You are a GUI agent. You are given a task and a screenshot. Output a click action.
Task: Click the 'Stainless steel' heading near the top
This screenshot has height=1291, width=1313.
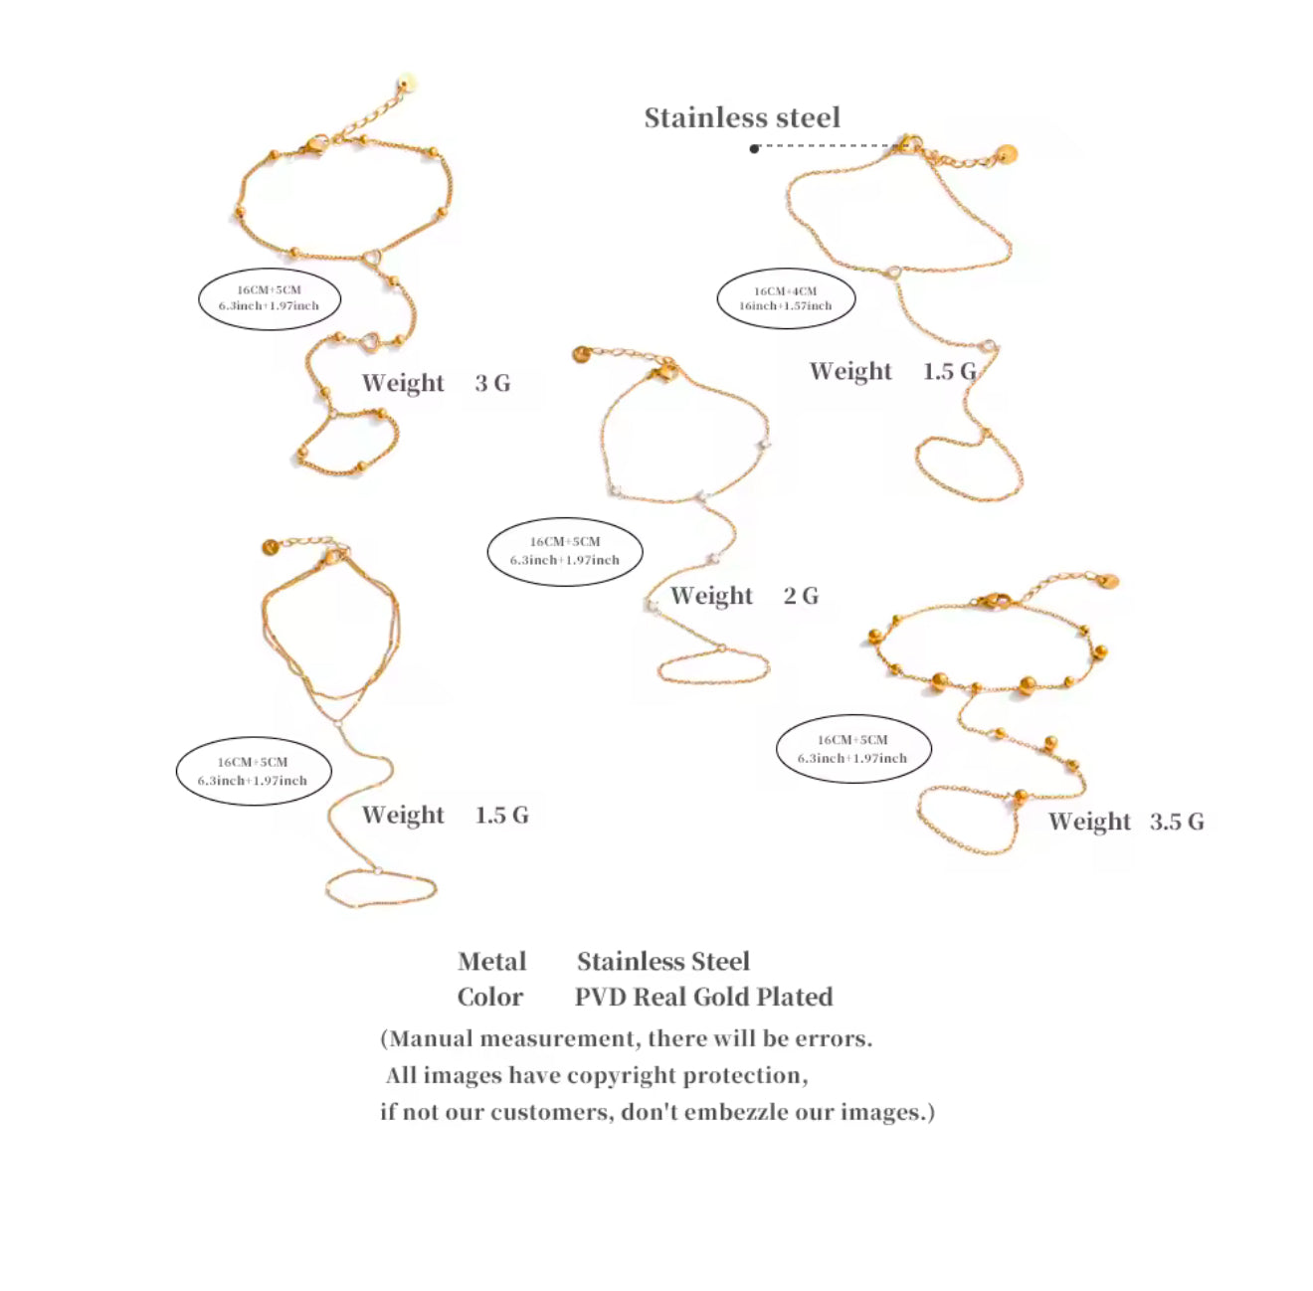742,118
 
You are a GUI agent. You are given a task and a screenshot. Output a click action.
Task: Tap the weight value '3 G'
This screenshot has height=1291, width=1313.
492,383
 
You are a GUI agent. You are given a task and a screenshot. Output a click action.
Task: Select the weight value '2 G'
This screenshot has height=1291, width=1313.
801,596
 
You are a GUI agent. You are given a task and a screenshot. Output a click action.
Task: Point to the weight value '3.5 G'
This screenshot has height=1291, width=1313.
1177,822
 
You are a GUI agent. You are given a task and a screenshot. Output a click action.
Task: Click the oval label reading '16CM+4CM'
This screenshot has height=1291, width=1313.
786,298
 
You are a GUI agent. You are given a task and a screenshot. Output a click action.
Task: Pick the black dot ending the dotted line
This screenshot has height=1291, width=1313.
754,148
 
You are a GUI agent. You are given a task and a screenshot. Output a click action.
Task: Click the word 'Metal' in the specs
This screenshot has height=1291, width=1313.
492,962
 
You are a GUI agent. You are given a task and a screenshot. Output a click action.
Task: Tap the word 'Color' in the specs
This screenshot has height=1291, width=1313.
490,998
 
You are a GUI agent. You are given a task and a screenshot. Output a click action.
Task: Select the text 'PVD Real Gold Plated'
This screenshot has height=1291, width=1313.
704,998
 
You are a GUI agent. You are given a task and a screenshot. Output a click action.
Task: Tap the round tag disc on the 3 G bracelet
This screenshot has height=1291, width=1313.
408,84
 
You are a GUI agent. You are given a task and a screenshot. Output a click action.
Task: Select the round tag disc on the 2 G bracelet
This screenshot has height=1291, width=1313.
581,354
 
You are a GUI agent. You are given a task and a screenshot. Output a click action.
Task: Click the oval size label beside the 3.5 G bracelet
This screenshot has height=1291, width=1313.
853,748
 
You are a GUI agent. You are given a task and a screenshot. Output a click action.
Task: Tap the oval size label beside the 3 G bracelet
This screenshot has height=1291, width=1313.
270,298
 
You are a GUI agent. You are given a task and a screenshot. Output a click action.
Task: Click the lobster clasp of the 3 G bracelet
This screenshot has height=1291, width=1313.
314,144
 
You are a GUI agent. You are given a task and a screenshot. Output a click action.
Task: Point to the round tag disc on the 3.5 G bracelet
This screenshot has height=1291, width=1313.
1108,582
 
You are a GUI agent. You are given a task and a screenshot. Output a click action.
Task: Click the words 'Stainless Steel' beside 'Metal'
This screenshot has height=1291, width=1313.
663,962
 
